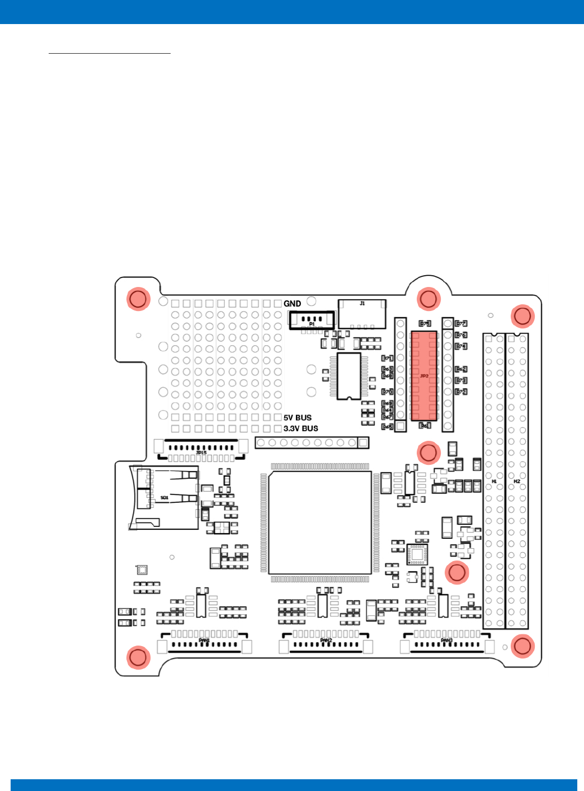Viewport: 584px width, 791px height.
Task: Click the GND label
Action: point(292,304)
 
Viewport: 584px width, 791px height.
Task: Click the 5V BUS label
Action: point(297,418)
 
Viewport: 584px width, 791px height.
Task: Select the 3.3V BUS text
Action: point(300,429)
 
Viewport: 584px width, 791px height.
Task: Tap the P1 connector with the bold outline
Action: point(312,320)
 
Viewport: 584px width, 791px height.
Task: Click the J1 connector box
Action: point(362,313)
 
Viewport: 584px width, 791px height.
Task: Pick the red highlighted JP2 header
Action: point(424,375)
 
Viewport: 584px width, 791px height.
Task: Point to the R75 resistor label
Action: point(425,323)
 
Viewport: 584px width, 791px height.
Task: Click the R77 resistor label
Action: point(461,323)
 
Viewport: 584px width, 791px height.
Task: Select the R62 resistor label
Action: point(461,369)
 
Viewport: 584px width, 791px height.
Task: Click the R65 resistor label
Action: point(387,427)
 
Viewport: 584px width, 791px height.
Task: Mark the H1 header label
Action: point(494,481)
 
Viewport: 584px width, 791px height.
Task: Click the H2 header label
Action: point(517,481)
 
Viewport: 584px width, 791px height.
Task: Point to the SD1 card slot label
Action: point(164,497)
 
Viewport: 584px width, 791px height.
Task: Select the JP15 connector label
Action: point(201,453)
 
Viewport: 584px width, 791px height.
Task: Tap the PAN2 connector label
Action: point(326,641)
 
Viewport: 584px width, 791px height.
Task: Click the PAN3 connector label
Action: point(446,641)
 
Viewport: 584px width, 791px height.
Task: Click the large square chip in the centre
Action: point(320,522)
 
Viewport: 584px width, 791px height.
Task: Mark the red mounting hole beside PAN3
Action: point(522,646)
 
